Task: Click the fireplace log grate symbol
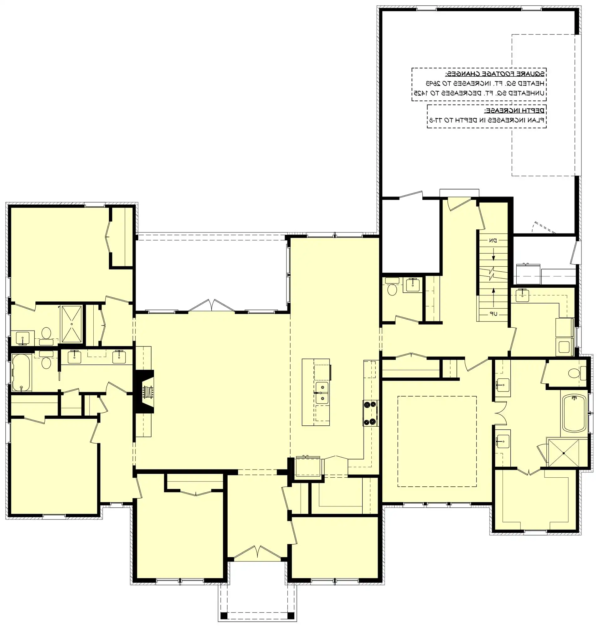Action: coord(148,392)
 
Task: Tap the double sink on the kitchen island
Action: coord(322,393)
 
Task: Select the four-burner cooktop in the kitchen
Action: coord(370,413)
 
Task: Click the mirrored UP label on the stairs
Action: coord(493,314)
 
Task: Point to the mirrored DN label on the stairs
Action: coord(493,240)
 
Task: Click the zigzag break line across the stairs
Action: coord(493,274)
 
